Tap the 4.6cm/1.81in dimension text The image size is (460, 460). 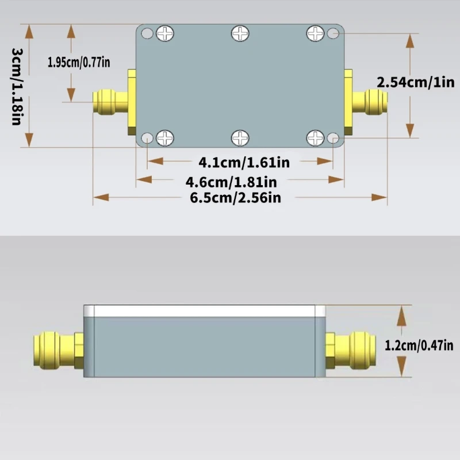pyautogui.click(x=232, y=182)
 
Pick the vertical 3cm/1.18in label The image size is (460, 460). pyautogui.click(x=17, y=86)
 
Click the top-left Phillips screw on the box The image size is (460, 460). pyautogui.click(x=165, y=34)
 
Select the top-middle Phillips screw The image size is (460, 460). pyautogui.click(x=240, y=33)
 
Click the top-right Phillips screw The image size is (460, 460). pyautogui.click(x=315, y=33)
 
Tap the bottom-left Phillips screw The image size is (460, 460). pyautogui.click(x=165, y=137)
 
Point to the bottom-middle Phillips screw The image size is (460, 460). pyautogui.click(x=240, y=138)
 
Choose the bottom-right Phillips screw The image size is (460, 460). pyautogui.click(x=315, y=137)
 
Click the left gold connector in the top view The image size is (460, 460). pyautogui.click(x=111, y=102)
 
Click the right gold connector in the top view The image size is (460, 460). pyautogui.click(x=368, y=102)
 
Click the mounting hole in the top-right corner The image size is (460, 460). pyautogui.click(x=333, y=33)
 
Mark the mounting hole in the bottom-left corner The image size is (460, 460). pyautogui.click(x=148, y=138)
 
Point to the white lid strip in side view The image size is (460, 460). pyautogui.click(x=205, y=311)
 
